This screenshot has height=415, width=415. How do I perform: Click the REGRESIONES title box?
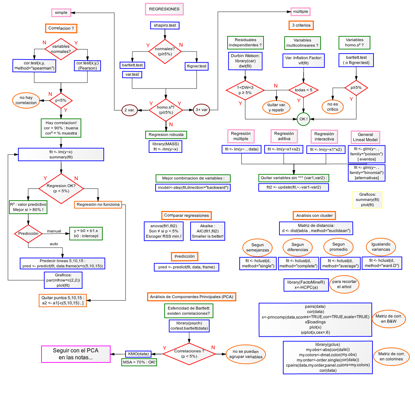(164, 9)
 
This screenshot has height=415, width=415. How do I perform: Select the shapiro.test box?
(165, 25)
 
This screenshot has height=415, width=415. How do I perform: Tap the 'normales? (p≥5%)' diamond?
(165, 52)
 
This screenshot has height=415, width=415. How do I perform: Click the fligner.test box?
(196, 66)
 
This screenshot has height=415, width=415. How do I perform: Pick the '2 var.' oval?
(129, 110)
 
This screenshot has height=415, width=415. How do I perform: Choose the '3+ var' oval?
(201, 110)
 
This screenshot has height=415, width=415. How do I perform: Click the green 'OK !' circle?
(303, 119)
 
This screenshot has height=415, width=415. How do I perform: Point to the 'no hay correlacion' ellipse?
(26, 100)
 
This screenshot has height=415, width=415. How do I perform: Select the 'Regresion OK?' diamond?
(61, 188)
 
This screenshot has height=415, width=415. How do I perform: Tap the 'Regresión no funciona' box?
(98, 204)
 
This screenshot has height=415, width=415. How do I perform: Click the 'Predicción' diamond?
(28, 233)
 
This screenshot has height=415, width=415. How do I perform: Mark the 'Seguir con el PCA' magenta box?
(76, 354)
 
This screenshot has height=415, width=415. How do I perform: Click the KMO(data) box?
(138, 354)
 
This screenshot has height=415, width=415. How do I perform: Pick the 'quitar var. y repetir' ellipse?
(276, 107)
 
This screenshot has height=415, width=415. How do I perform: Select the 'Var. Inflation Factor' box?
(303, 61)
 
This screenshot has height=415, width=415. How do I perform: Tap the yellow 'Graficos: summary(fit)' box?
(367, 200)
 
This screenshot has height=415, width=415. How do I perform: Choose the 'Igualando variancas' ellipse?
(381, 247)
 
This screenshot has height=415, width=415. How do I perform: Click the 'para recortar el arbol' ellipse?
(344, 284)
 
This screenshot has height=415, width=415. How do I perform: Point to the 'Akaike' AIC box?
(207, 231)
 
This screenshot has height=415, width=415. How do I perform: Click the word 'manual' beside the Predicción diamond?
(54, 231)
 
